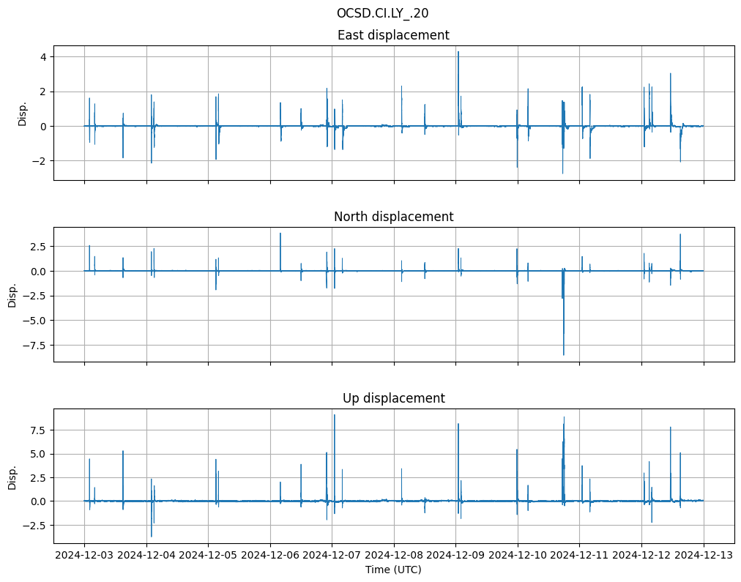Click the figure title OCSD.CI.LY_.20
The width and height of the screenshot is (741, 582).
(x=382, y=13)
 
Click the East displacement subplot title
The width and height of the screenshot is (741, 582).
(x=393, y=35)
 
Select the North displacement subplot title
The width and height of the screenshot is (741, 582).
(x=393, y=217)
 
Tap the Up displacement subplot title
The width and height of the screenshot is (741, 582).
(x=393, y=398)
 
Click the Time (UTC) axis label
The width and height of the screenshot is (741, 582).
(x=393, y=570)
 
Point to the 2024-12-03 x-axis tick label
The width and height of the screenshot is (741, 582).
(x=85, y=556)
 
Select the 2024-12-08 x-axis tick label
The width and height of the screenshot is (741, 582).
(x=394, y=556)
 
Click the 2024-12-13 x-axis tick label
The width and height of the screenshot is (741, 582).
(x=704, y=556)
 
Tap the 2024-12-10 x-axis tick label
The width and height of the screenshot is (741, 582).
(x=518, y=556)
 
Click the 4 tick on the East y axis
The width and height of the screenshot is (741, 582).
(x=43, y=57)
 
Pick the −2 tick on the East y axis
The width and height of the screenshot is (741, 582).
(x=40, y=161)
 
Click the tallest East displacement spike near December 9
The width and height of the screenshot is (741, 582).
(x=458, y=53)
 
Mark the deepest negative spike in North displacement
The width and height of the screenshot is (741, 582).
(x=564, y=354)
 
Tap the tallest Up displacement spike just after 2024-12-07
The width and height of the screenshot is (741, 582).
(x=335, y=416)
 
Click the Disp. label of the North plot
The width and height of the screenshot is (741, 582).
(x=13, y=295)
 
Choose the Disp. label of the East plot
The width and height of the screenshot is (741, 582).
(x=23, y=113)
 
